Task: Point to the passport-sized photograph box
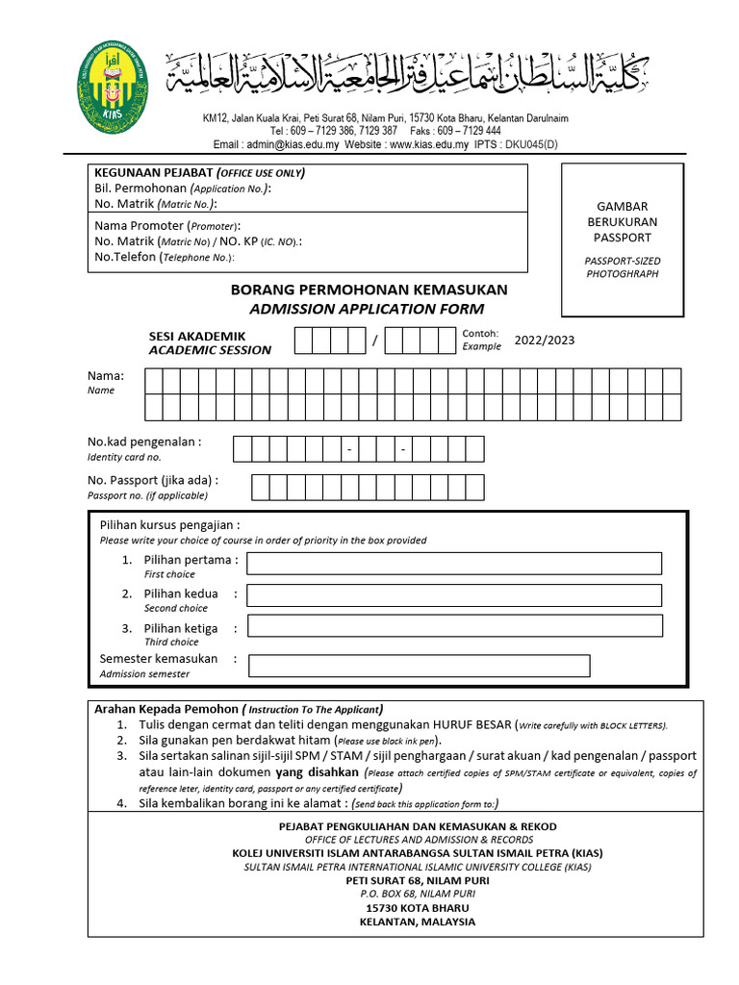coord(623,240)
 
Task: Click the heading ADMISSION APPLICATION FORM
coord(367,309)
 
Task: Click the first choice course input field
coord(454,563)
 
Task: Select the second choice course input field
coord(454,595)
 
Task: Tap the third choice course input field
coord(454,626)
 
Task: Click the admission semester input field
coord(419,666)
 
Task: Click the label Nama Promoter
coord(139,225)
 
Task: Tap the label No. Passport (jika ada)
coord(153,480)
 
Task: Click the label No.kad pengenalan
coord(144,442)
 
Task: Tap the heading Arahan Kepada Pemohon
coord(166,708)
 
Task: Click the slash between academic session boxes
coord(376,341)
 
